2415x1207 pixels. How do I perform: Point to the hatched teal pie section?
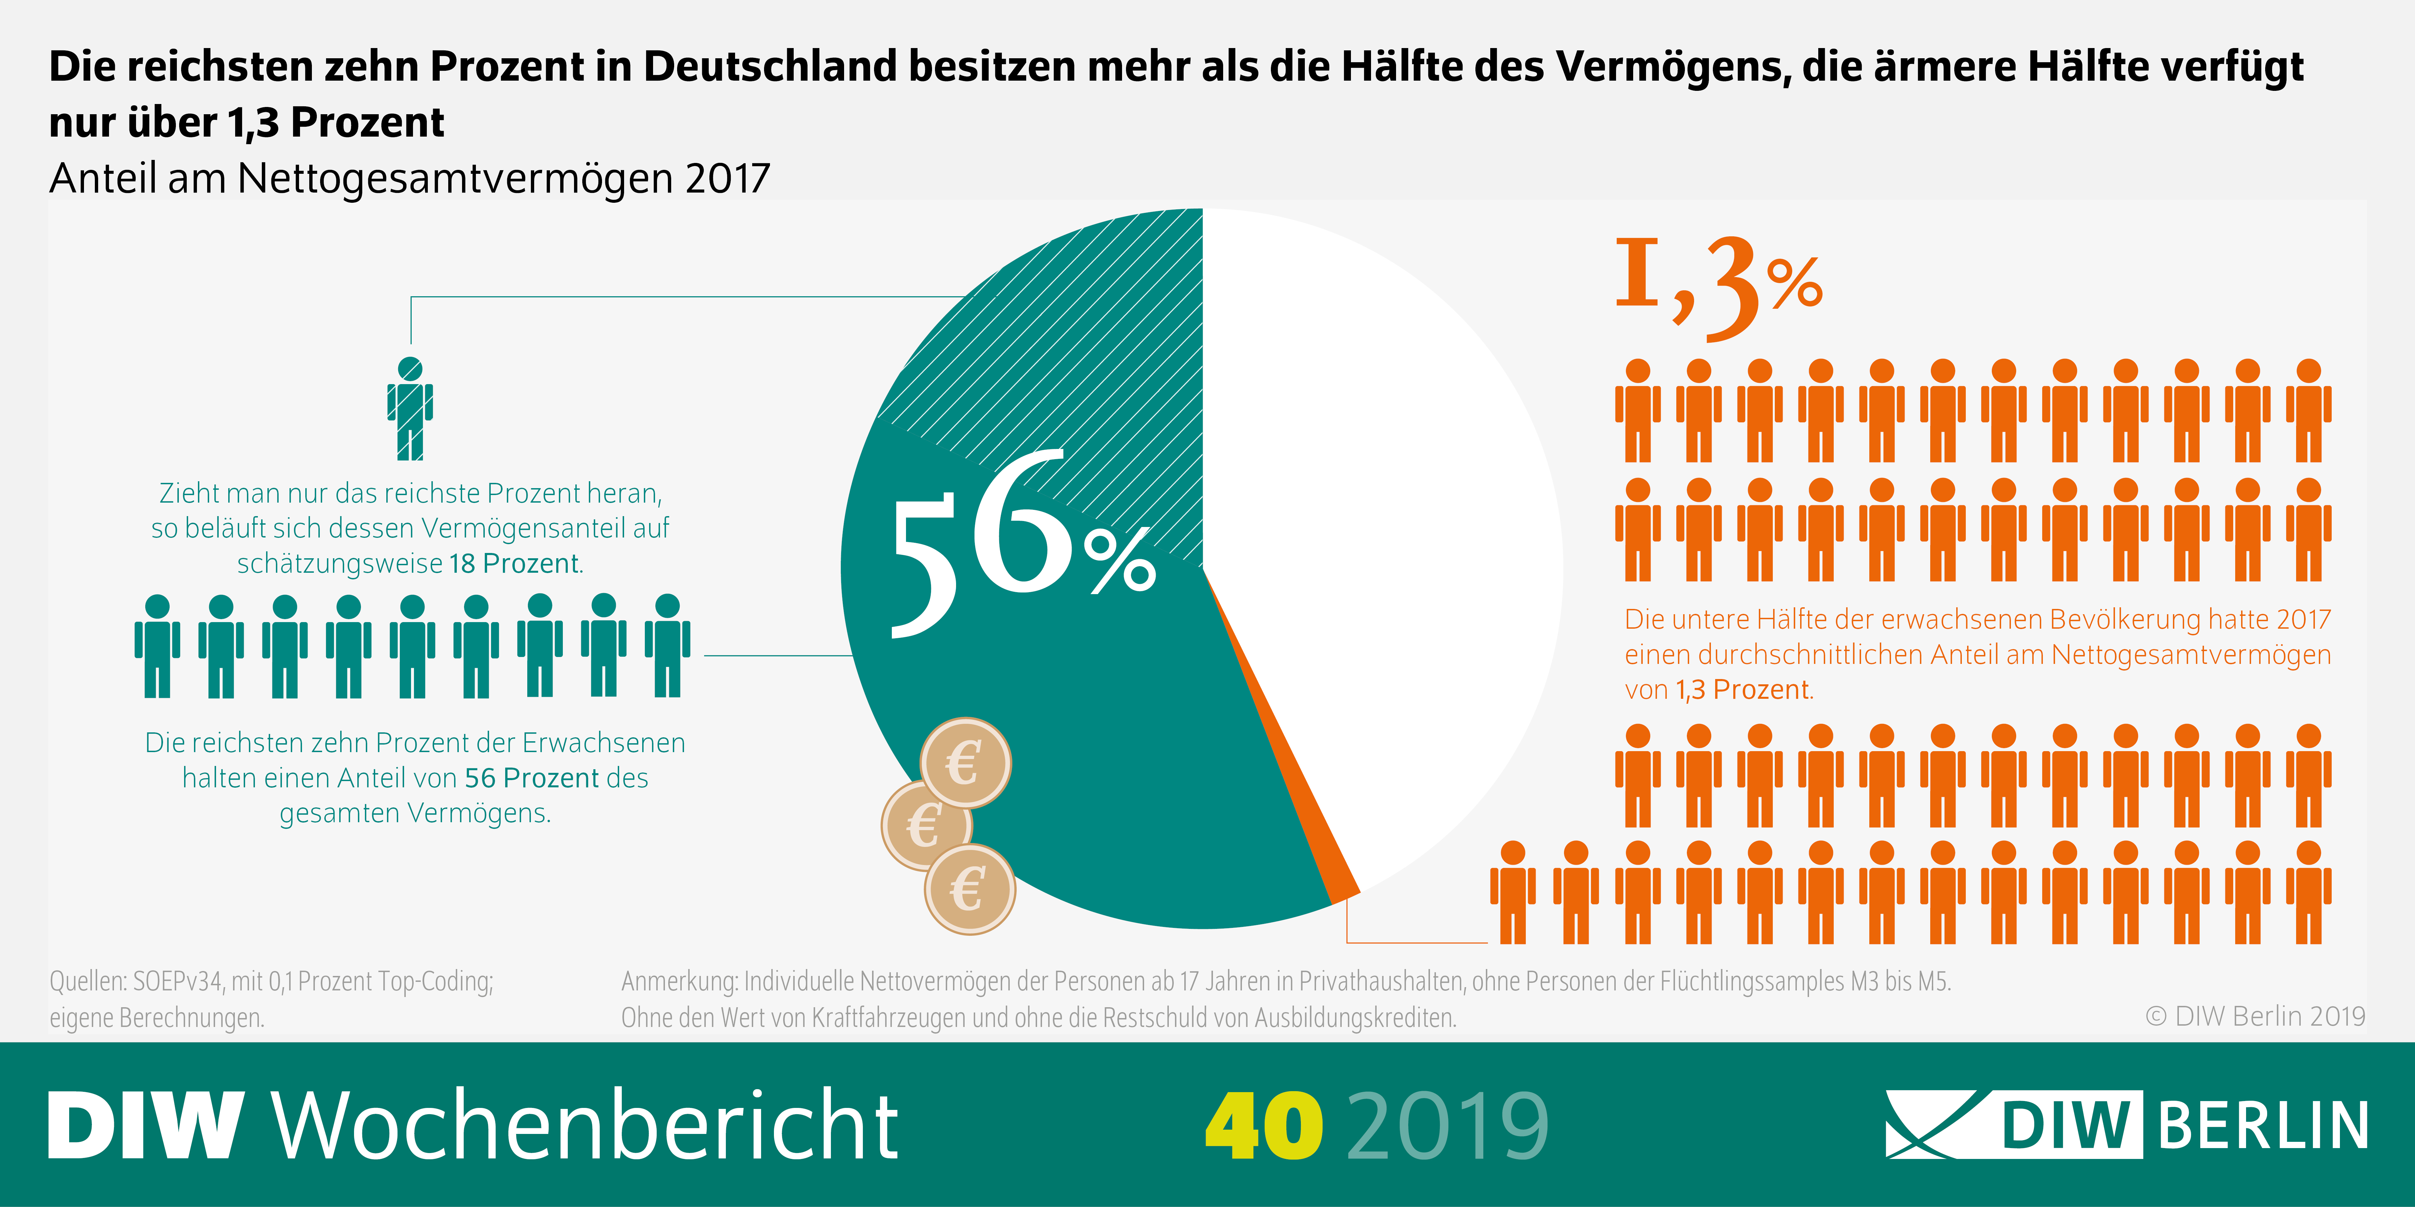pyautogui.click(x=1078, y=337)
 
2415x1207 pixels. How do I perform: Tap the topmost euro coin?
pyautogui.click(x=965, y=763)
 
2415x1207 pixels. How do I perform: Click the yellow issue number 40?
pyautogui.click(x=1264, y=1124)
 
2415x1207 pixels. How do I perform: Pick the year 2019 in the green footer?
pyautogui.click(x=1448, y=1124)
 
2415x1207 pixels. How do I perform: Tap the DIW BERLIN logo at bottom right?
pyautogui.click(x=2126, y=1124)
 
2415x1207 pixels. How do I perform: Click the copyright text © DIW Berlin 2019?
pyautogui.click(x=2255, y=1016)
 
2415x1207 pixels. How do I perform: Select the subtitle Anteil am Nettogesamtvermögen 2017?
pyautogui.click(x=410, y=178)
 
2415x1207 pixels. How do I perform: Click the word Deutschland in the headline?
pyautogui.click(x=769, y=66)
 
